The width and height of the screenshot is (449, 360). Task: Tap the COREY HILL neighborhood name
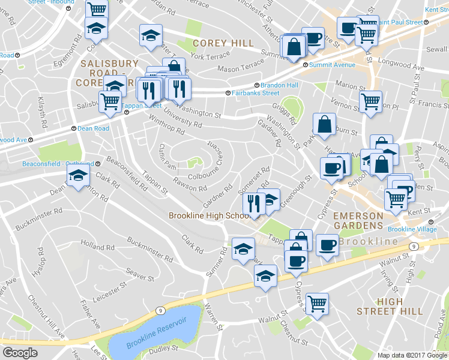pyautogui.click(x=223, y=44)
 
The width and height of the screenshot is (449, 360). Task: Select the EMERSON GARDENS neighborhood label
pyautogui.click(x=358, y=220)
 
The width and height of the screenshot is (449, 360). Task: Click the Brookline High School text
pyautogui.click(x=209, y=216)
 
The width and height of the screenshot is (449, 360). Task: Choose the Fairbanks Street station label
pyautogui.click(x=252, y=93)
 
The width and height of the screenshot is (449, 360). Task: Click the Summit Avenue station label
pyautogui.click(x=329, y=65)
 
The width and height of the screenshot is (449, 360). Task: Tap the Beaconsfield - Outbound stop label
pyautogui.click(x=58, y=163)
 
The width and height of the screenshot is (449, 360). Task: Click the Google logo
pyautogui.click(x=20, y=353)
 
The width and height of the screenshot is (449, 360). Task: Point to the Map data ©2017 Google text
pyautogui.click(x=412, y=355)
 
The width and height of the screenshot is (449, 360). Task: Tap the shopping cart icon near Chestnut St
pyautogui.click(x=316, y=304)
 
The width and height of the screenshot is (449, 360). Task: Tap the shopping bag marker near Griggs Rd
pyautogui.click(x=324, y=125)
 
